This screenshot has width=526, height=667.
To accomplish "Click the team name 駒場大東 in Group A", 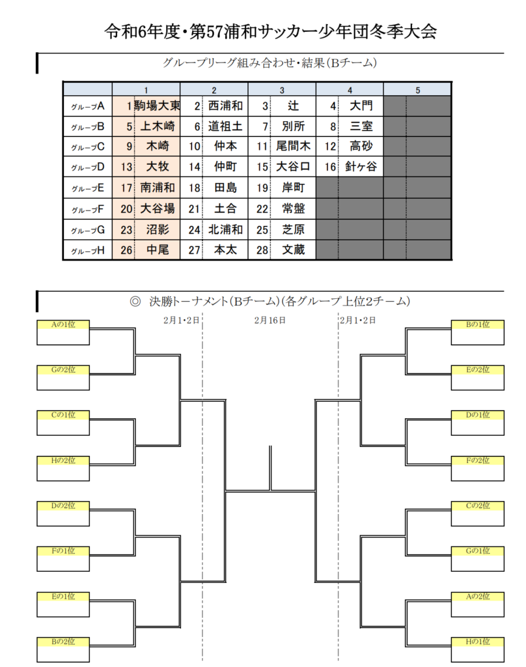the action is click(x=157, y=106).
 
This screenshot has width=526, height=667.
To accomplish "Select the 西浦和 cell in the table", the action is click(x=225, y=106).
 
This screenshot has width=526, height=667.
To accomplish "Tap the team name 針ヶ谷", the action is click(x=361, y=166).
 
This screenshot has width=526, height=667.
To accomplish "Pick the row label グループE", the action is click(x=88, y=188).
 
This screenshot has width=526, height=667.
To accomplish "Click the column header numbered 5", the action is click(x=417, y=90).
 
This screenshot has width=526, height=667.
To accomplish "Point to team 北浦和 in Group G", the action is click(x=225, y=230).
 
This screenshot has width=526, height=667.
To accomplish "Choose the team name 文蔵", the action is click(x=294, y=249).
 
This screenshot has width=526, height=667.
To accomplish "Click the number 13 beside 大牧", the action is click(x=126, y=167).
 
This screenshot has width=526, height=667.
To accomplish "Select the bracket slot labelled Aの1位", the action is click(x=63, y=332).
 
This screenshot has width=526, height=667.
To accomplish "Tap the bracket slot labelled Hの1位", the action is click(x=478, y=649).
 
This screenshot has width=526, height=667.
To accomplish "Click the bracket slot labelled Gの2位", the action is click(x=63, y=378).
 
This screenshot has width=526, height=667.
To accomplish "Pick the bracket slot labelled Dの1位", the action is click(x=478, y=423).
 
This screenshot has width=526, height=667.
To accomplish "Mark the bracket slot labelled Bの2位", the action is click(x=63, y=649).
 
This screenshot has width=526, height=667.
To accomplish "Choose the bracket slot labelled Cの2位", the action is click(x=478, y=513).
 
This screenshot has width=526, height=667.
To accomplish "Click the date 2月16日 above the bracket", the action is click(x=270, y=320).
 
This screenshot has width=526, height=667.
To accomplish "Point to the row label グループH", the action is click(x=88, y=251).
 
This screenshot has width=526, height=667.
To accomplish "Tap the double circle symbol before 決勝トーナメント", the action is click(x=135, y=302).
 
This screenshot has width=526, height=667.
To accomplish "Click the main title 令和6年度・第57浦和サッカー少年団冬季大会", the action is click(x=270, y=31).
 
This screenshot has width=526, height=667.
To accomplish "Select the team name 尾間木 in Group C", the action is click(x=294, y=146).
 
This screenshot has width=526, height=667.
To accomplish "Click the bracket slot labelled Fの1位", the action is click(x=63, y=559).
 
